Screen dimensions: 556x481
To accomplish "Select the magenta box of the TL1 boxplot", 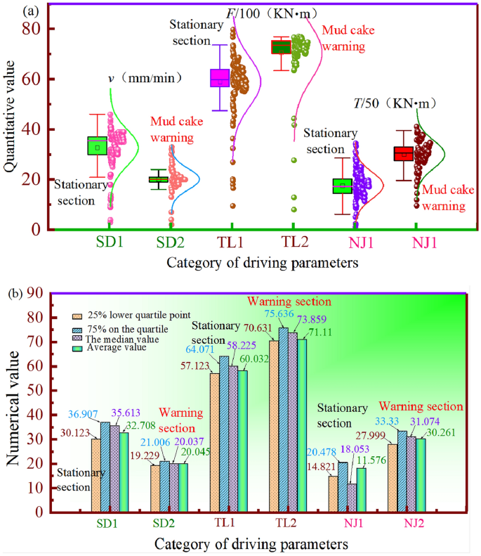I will pyautogui.click(x=220, y=77).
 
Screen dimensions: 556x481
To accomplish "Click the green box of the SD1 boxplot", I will pyautogui.click(x=98, y=146).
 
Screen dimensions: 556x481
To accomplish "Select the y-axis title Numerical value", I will pyautogui.click(x=15, y=410).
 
